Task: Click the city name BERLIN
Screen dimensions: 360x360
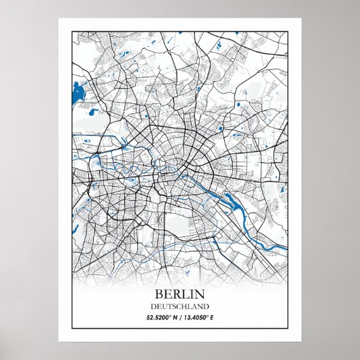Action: point(180,294)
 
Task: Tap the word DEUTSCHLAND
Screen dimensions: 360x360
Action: point(180,306)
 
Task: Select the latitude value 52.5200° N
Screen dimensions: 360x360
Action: point(159,317)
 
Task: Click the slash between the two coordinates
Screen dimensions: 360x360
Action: point(179,317)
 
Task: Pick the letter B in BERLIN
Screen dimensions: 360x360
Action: point(160,294)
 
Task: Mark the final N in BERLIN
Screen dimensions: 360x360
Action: point(200,294)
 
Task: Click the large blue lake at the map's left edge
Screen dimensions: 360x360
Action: point(75,92)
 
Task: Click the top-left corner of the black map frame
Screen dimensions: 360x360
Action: point(71,31)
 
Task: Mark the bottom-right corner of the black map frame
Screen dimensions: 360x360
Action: point(288,329)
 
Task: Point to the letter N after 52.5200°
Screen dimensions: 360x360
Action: point(173,317)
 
